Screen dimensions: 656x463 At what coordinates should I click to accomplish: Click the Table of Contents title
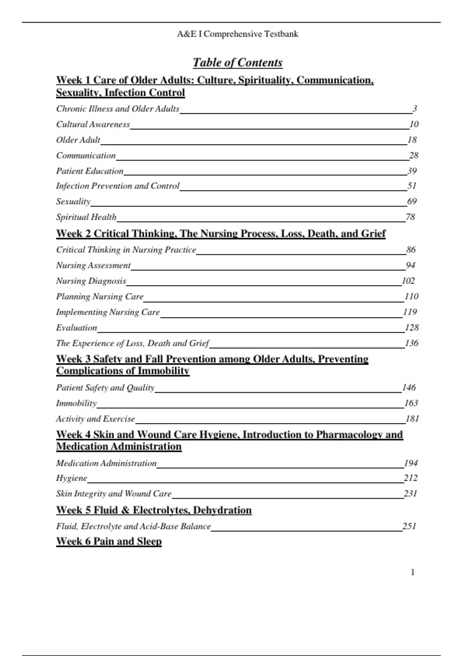[237, 63]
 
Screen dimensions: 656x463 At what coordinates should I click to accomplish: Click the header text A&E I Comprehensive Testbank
[237, 34]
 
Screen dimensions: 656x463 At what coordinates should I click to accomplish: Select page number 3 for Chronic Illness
[415, 109]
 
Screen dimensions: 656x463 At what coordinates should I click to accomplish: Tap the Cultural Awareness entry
[93, 124]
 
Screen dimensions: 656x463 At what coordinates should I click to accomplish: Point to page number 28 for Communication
[414, 156]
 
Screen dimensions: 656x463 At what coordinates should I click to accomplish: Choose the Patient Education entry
[90, 171]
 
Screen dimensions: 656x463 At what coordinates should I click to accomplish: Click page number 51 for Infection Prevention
[412, 186]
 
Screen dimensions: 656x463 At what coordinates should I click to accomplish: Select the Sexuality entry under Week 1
[73, 201]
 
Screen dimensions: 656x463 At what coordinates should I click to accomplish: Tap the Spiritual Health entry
[86, 217]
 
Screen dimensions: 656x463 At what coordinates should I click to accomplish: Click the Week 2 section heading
[221, 233]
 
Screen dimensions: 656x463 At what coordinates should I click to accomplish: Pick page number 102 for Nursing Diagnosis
[408, 281]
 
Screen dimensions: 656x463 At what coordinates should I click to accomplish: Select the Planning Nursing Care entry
[100, 296]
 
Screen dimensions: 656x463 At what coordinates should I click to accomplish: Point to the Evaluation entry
[76, 328]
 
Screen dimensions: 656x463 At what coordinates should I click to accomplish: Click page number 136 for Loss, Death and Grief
[411, 343]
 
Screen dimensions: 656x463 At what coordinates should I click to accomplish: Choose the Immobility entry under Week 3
[76, 403]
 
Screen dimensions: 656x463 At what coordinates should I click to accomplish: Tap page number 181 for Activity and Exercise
[412, 419]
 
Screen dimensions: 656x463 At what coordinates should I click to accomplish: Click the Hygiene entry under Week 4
[71, 478]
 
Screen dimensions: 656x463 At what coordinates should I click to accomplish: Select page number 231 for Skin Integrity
[411, 494]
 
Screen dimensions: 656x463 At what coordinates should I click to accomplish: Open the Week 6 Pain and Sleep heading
[109, 541]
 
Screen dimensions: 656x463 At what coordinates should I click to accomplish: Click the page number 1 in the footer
[413, 572]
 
